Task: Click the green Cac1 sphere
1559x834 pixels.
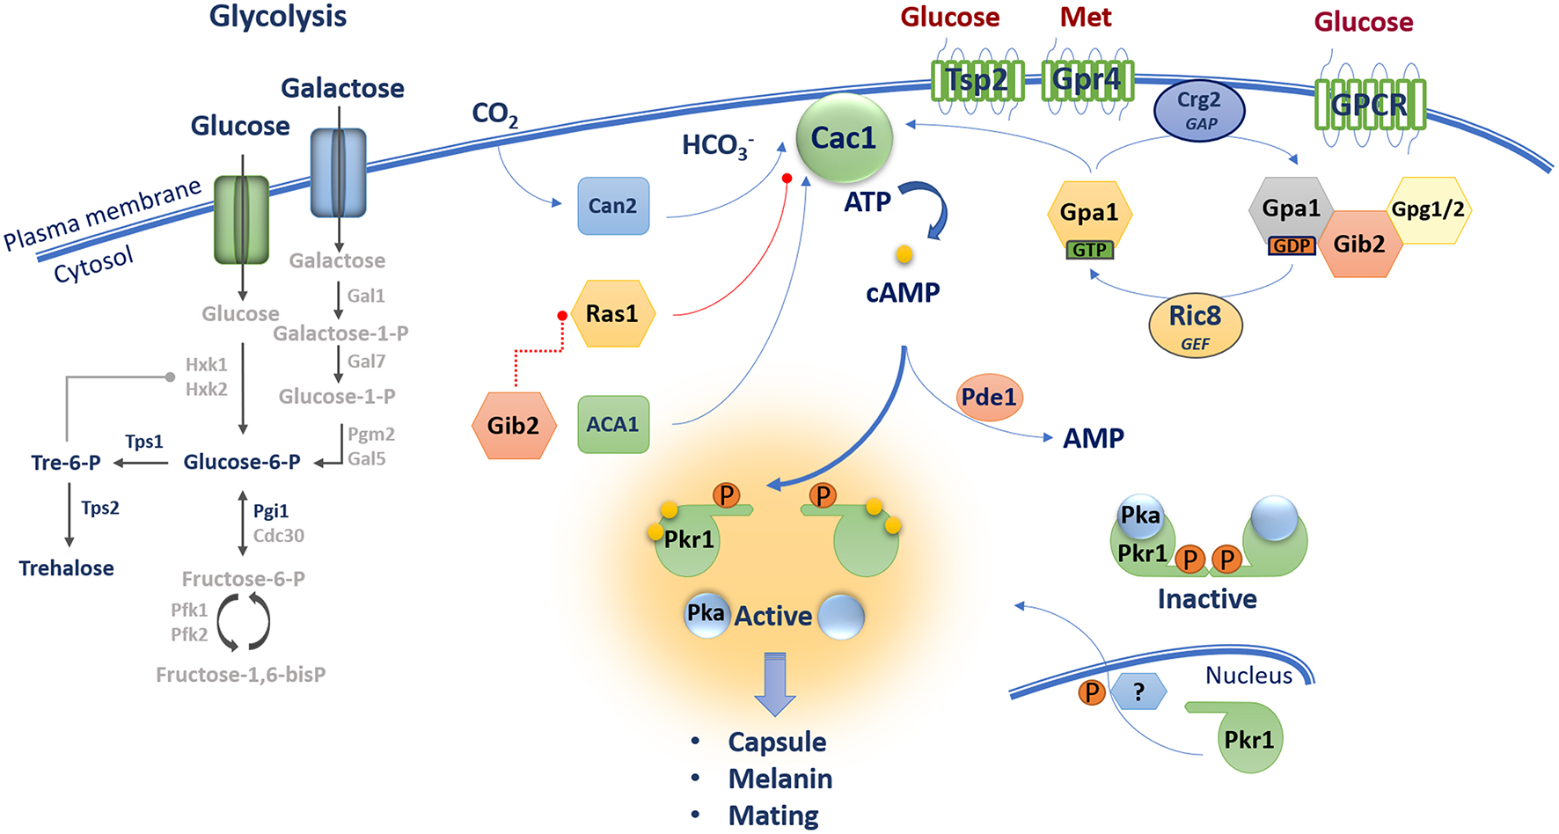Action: pyautogui.click(x=843, y=139)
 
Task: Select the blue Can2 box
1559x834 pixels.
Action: pyautogui.click(x=613, y=206)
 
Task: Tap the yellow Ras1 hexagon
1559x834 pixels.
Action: pyautogui.click(x=612, y=313)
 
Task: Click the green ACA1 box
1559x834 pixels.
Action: pyautogui.click(x=613, y=424)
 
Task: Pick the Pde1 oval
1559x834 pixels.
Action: pyautogui.click(x=989, y=397)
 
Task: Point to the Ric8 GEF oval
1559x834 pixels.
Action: pyautogui.click(x=1195, y=325)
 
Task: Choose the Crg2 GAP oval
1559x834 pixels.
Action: pyautogui.click(x=1199, y=110)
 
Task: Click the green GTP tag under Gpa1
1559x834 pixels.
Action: pyautogui.click(x=1089, y=250)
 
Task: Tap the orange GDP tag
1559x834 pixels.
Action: pyautogui.click(x=1292, y=246)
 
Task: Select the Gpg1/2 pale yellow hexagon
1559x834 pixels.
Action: pyautogui.click(x=1429, y=209)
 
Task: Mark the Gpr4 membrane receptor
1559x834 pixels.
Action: pyautogui.click(x=1087, y=79)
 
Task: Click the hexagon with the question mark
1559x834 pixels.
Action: pyautogui.click(x=1138, y=691)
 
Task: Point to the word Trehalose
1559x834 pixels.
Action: pyautogui.click(x=67, y=568)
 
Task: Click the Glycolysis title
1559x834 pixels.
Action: pyautogui.click(x=278, y=16)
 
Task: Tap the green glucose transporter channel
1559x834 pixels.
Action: pyautogui.click(x=242, y=219)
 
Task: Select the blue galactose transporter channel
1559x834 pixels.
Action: pyautogui.click(x=339, y=172)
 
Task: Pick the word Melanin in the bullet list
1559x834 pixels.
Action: pyautogui.click(x=779, y=779)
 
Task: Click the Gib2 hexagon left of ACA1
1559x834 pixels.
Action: pyautogui.click(x=514, y=425)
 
